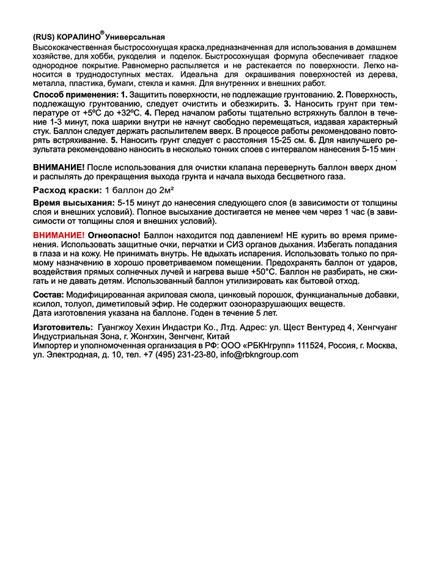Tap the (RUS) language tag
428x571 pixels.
coord(43,37)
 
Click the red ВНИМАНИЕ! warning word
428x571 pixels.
coord(58,235)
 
